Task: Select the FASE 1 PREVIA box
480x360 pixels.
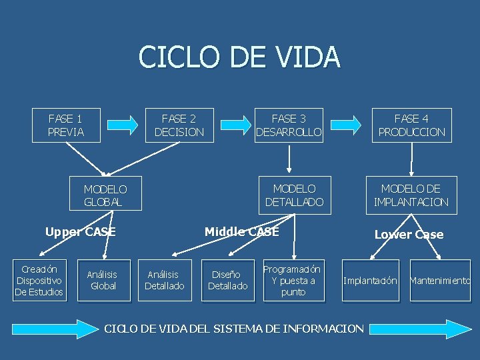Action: pyautogui.click(x=66, y=125)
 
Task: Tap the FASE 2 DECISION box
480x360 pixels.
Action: pyautogui.click(x=179, y=125)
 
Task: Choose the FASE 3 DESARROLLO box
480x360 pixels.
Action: pyautogui.click(x=289, y=125)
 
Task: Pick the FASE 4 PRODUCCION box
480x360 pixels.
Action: pyautogui.click(x=411, y=125)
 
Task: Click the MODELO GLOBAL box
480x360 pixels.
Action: pyautogui.click(x=105, y=195)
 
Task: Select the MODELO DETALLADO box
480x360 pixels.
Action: pyautogui.click(x=294, y=195)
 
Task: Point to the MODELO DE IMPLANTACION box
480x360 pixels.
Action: pyautogui.click(x=411, y=195)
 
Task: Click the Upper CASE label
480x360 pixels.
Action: pyautogui.click(x=80, y=232)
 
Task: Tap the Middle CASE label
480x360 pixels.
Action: pyautogui.click(x=241, y=232)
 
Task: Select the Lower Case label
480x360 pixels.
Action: pyautogui.click(x=409, y=234)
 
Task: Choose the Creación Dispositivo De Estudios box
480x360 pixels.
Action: pyautogui.click(x=39, y=281)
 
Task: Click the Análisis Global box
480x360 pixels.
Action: pyautogui.click(x=103, y=280)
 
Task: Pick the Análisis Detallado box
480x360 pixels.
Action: pyautogui.click(x=165, y=280)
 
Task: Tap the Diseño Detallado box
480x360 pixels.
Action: pyautogui.click(x=227, y=280)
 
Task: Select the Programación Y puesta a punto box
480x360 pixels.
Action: pyautogui.click(x=293, y=280)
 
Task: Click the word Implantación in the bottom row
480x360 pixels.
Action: pyautogui.click(x=370, y=281)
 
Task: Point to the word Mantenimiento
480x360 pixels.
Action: pyautogui.click(x=440, y=281)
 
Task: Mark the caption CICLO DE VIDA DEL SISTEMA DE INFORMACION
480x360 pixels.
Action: pyautogui.click(x=235, y=328)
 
